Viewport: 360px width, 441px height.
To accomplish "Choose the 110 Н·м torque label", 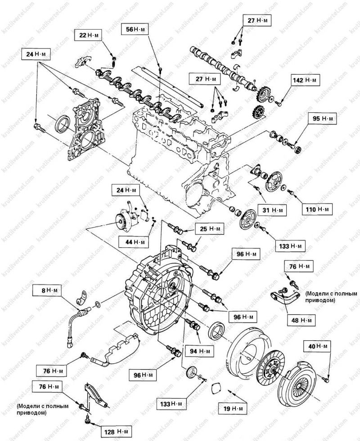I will click(317, 209).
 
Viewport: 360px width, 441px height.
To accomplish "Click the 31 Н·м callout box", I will click(273, 210).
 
